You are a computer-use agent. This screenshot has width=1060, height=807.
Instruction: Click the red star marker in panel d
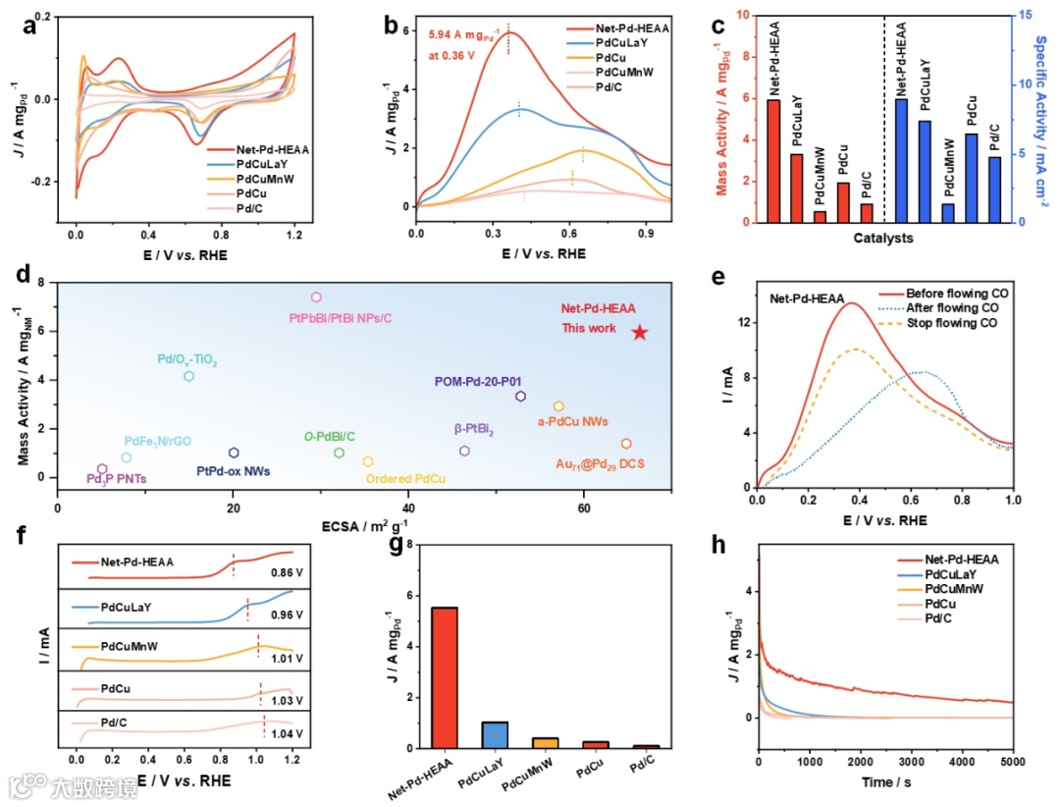pyautogui.click(x=640, y=333)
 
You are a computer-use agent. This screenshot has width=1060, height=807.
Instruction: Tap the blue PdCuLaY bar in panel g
pyautogui.click(x=495, y=734)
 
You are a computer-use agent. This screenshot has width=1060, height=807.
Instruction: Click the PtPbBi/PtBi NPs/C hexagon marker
pyautogui.click(x=316, y=297)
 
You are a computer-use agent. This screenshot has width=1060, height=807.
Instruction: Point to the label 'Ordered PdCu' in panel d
pyautogui.click(x=406, y=479)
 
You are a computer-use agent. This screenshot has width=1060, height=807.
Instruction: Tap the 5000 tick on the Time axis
pyautogui.click(x=1013, y=762)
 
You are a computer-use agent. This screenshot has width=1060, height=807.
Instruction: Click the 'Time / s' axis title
pyautogui.click(x=885, y=782)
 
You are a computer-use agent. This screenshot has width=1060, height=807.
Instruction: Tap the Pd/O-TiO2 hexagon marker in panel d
pyautogui.click(x=189, y=376)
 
